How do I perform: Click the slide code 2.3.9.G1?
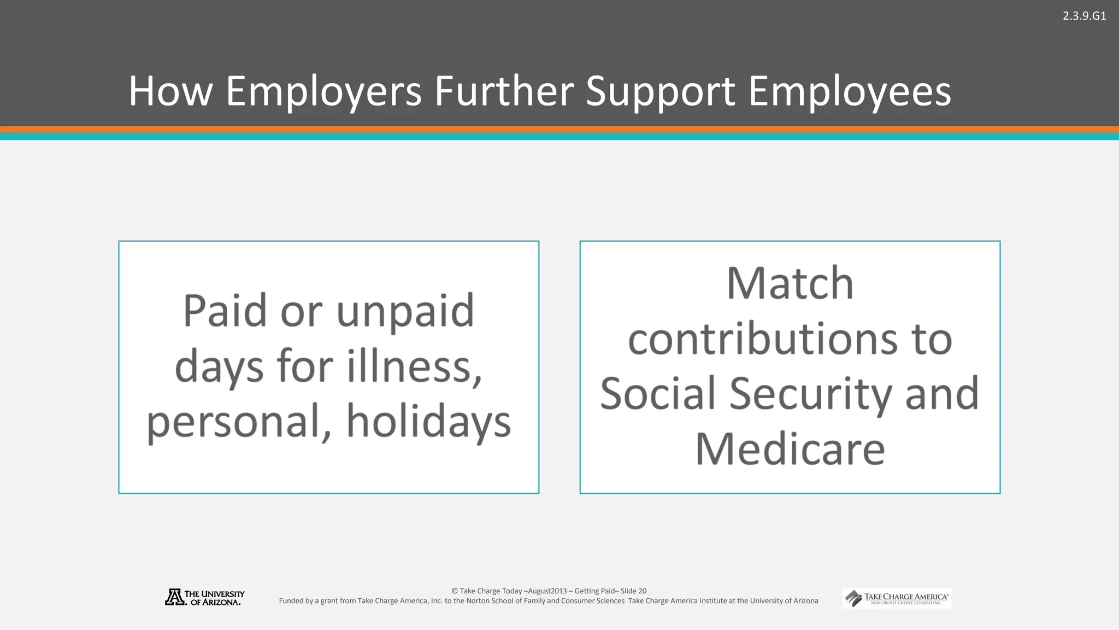tap(1084, 16)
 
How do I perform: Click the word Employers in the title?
tap(323, 91)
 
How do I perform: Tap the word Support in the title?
tap(661, 91)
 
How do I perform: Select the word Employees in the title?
tap(850, 91)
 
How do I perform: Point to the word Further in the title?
tap(504, 91)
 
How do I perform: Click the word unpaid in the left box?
tap(405, 311)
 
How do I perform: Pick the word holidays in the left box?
tap(428, 422)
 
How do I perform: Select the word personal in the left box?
tap(239, 422)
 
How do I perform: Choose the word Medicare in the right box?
tap(790, 449)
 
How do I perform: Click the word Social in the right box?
tap(658, 394)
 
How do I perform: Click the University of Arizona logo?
tap(205, 598)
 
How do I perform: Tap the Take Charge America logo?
tap(897, 598)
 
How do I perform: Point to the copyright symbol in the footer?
tap(455, 591)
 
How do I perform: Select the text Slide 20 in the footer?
tap(633, 591)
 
